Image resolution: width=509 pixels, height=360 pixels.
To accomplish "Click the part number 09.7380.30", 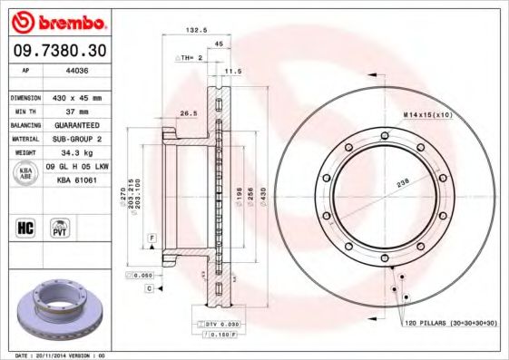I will click(x=56, y=50).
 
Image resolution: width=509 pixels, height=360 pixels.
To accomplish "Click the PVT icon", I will click(x=59, y=227).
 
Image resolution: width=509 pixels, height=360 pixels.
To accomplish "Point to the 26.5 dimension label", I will click(x=189, y=113).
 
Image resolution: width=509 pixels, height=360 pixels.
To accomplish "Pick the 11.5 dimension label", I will click(x=233, y=70).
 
